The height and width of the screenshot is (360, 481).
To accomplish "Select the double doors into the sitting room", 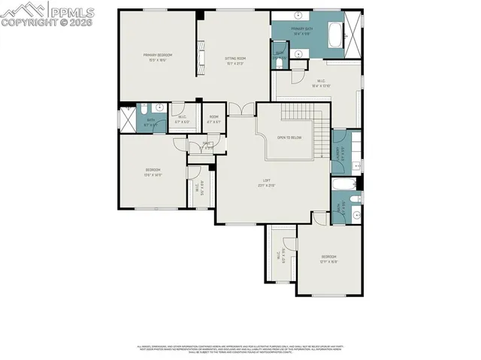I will click(240, 110).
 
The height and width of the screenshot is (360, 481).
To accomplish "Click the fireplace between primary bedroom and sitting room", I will click(199, 56).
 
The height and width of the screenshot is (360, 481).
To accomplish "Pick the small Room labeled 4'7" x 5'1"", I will click(213, 118).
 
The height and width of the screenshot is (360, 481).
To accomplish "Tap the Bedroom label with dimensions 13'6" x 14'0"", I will click(153, 172).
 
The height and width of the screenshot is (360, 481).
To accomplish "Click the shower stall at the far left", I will click(128, 119).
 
